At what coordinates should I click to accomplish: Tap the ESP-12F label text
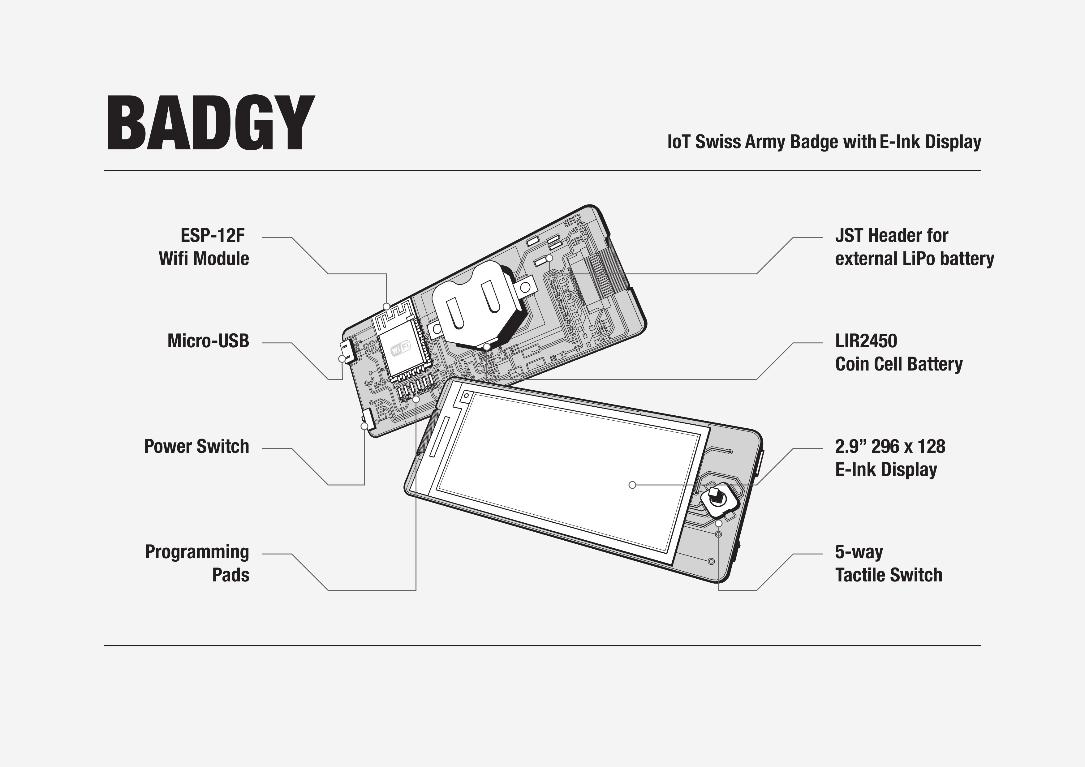tap(213, 235)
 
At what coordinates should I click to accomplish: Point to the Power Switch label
tap(196, 446)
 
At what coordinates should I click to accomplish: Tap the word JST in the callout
tap(849, 235)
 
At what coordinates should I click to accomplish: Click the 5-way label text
tap(859, 552)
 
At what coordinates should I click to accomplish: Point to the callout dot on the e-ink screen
tap(632, 485)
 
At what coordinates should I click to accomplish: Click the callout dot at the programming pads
tap(416, 399)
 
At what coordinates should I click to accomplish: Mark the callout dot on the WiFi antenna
tap(386, 306)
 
